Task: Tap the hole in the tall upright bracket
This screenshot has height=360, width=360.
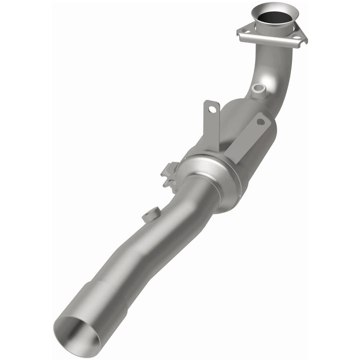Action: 210,109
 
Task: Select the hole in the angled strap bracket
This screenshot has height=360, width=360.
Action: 260,122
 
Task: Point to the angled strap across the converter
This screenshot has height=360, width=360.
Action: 247,139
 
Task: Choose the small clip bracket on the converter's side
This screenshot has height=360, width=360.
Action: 170,172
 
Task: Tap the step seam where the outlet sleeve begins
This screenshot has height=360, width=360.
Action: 116,288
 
